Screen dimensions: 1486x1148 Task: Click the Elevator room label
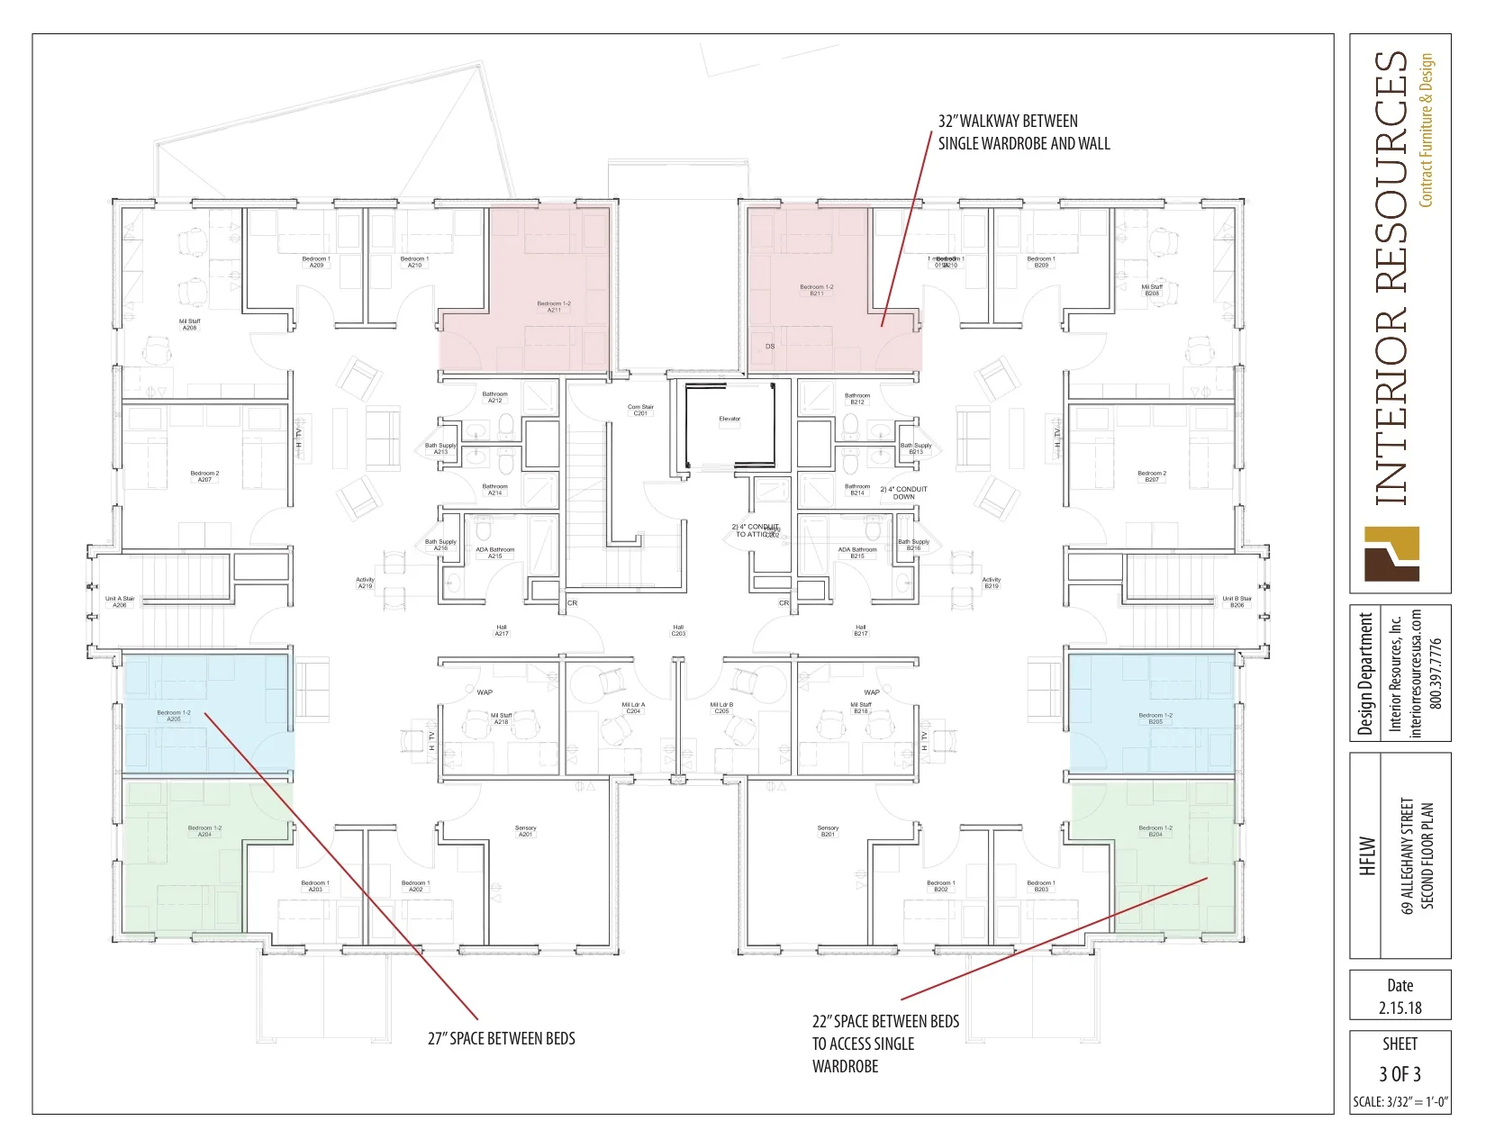[729, 419]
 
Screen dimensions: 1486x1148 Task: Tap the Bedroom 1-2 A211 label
[554, 307]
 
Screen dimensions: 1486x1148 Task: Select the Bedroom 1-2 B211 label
[816, 290]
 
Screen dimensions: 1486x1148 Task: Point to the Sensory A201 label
[525, 831]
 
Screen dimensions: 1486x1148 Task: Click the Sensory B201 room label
[828, 831]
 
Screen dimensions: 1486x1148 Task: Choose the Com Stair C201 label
[640, 410]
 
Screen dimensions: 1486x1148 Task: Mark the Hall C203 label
[678, 630]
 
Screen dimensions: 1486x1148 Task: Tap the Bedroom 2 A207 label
[204, 476]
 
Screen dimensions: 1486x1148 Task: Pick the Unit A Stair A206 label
[120, 601]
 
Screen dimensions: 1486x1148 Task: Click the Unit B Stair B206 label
[1237, 601]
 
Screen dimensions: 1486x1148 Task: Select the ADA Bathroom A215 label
[495, 553]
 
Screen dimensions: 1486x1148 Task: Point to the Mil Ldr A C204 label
[633, 708]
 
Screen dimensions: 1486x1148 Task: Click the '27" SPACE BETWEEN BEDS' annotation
[501, 1038]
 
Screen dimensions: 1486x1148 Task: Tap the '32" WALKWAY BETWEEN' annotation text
[1008, 121]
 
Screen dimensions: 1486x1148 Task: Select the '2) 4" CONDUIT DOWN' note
[903, 493]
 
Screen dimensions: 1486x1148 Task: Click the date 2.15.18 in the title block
[1400, 1008]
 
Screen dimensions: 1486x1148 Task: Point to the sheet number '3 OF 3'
[1400, 1073]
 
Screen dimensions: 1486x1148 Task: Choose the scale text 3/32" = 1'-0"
[1400, 1102]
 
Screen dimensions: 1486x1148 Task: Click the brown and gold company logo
[1391, 554]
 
